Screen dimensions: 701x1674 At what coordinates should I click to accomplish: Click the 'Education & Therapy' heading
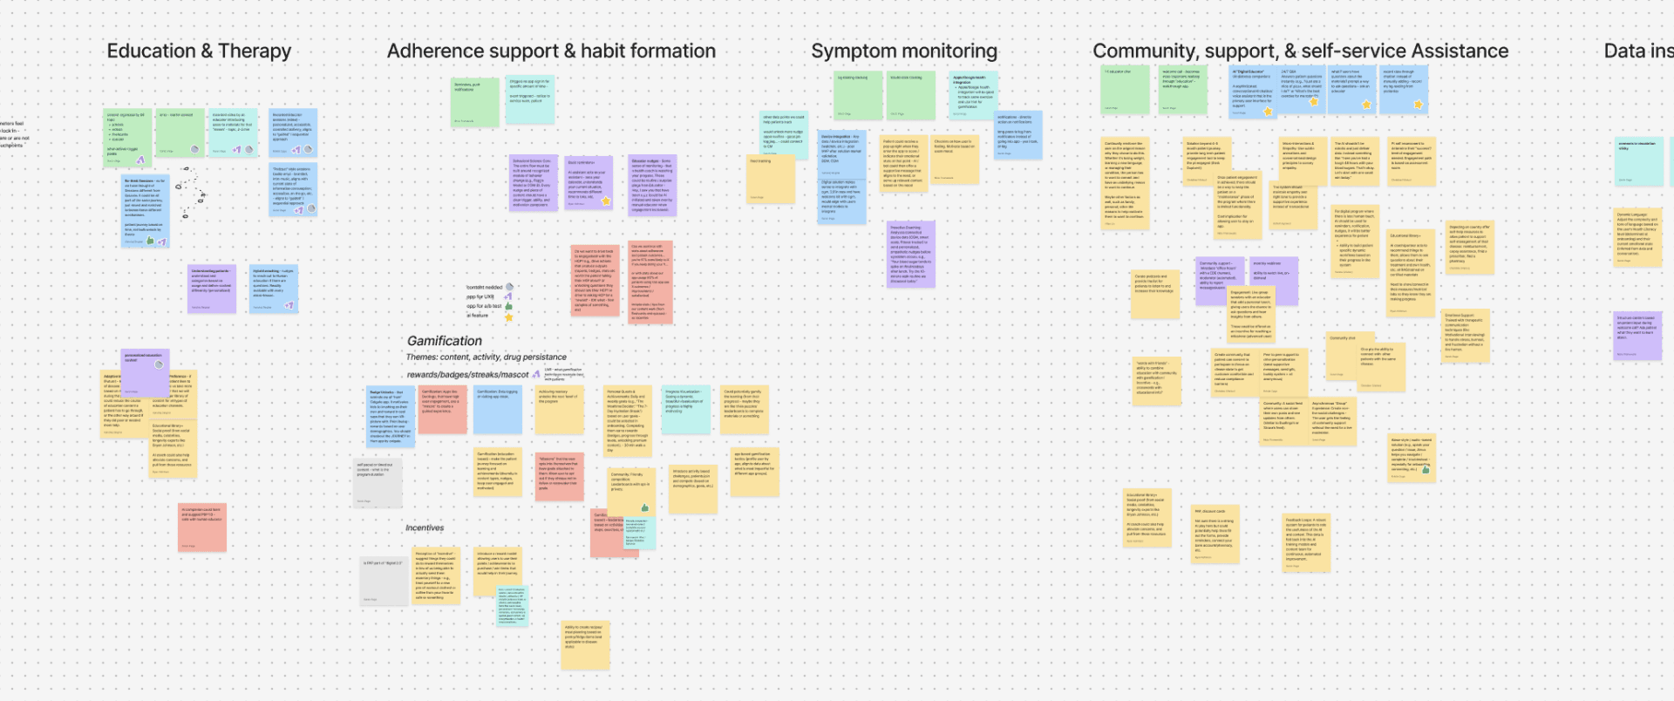[199, 51]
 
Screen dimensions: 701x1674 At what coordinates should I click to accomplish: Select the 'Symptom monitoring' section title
[904, 51]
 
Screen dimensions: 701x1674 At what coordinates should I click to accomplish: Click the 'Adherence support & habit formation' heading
[551, 51]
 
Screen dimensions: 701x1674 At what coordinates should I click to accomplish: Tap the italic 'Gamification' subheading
[445, 341]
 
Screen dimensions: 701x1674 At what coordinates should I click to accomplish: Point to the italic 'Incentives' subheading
[425, 528]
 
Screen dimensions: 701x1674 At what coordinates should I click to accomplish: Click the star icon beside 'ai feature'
[509, 316]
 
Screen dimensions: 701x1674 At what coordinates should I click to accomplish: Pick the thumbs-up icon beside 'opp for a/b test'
[509, 306]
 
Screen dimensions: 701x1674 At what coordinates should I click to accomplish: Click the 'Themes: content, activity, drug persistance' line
[486, 357]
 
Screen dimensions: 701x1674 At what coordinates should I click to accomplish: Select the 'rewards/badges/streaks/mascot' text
[467, 375]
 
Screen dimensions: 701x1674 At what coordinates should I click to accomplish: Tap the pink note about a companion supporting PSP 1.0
[202, 527]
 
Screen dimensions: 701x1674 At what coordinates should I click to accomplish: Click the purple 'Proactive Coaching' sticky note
[911, 254]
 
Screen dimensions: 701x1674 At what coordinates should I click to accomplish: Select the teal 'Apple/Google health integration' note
[973, 95]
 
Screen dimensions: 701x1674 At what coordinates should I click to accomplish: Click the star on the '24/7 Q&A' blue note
[1314, 102]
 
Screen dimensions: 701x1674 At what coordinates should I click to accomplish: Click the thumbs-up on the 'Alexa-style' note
[1426, 469]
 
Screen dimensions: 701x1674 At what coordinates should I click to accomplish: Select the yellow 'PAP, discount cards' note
[1214, 534]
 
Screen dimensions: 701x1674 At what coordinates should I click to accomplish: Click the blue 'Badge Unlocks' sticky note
[391, 417]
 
